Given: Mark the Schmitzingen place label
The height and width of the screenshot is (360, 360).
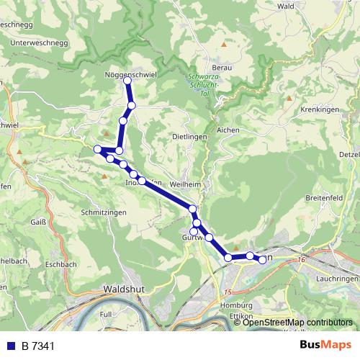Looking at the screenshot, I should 104,214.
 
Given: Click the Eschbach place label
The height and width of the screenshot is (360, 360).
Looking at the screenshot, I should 60,264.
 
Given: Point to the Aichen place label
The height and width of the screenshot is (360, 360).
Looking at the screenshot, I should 228,130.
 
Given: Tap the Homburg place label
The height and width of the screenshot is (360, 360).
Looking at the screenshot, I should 230,305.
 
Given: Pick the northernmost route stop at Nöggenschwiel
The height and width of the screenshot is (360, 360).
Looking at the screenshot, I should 127,81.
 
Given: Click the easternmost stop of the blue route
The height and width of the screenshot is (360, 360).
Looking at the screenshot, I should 263,260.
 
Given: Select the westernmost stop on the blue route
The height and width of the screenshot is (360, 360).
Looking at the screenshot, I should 97,148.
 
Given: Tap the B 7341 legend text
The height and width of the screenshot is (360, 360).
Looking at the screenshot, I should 37,346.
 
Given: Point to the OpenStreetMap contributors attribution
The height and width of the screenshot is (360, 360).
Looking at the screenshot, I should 297,322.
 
